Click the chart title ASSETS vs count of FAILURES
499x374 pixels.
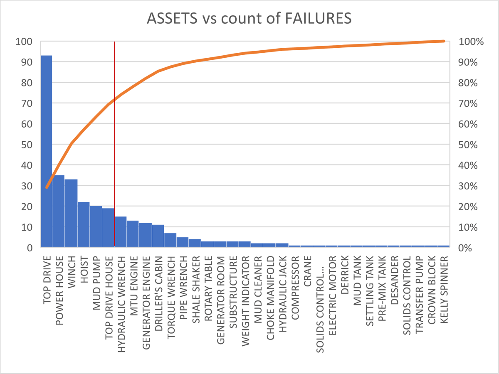click(x=249, y=19)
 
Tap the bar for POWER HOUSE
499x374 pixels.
click(x=58, y=212)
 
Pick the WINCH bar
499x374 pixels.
click(x=71, y=214)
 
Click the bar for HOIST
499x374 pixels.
click(x=83, y=225)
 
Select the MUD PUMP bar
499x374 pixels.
click(x=96, y=227)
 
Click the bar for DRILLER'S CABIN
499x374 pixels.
click(x=158, y=236)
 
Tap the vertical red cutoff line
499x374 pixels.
click(x=114, y=125)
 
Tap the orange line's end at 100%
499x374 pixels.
click(x=444, y=41)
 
